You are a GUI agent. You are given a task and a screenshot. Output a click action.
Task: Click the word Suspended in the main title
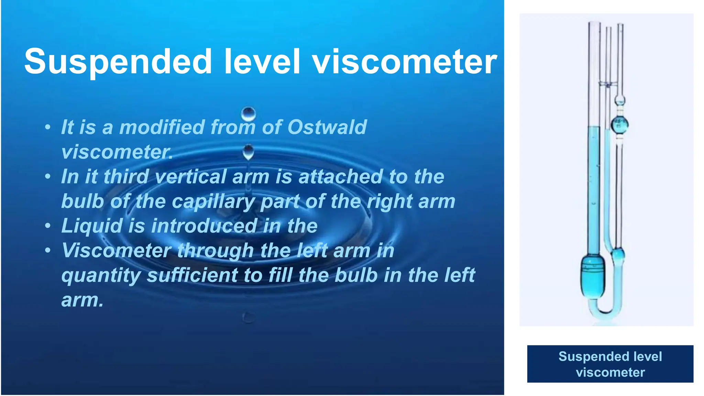[x=118, y=62]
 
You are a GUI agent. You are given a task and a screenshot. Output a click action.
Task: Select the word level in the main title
[x=262, y=62]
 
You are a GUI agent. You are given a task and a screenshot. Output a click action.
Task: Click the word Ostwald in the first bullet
[x=327, y=127]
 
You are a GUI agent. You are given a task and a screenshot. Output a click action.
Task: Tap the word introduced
[x=204, y=226]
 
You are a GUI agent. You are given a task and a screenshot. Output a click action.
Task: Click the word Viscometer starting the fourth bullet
[x=116, y=251]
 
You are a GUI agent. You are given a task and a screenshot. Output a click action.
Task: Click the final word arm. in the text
[x=82, y=300]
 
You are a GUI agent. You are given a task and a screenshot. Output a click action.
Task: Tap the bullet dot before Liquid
[x=48, y=226]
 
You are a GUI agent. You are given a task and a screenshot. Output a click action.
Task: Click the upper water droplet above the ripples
[x=248, y=113]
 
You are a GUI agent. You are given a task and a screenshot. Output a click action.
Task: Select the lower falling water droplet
[x=248, y=152]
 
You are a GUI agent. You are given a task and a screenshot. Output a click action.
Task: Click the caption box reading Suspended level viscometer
[x=610, y=364]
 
